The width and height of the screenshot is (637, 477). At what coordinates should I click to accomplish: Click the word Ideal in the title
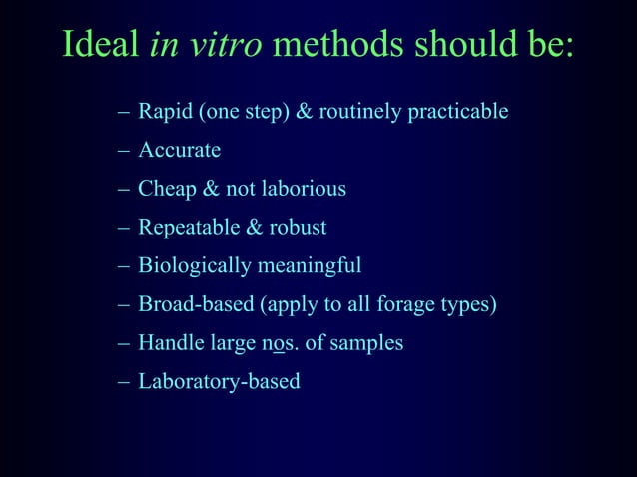(100, 46)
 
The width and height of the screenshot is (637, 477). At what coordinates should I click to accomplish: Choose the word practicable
(457, 112)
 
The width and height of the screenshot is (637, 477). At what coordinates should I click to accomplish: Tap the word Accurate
(179, 151)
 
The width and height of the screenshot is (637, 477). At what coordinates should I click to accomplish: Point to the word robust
(298, 228)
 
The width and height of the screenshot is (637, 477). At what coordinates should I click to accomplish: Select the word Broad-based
(196, 304)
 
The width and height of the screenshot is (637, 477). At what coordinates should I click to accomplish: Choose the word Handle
(169, 343)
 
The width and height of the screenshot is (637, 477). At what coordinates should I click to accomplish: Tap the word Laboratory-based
(219, 381)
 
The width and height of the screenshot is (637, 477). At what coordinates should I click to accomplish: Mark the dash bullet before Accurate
(123, 151)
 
